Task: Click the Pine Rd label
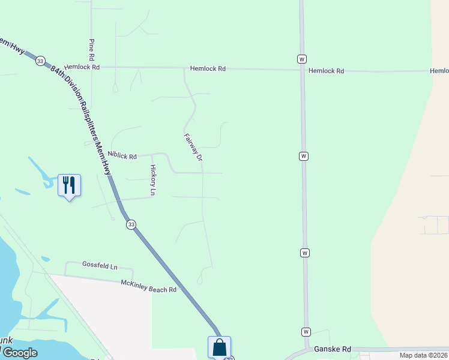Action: point(92,49)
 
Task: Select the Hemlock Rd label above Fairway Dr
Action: point(208,69)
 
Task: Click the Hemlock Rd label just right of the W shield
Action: point(326,71)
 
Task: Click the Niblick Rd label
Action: point(122,155)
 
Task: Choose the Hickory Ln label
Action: point(153,179)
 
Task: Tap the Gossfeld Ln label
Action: point(100,265)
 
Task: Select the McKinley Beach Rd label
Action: point(149,286)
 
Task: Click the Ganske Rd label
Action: point(332,349)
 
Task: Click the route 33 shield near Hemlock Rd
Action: point(40,61)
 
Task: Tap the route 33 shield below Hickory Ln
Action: point(131,224)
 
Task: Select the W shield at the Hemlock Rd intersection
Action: point(301,59)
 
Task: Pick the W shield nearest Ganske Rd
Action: point(306,332)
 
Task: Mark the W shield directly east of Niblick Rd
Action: point(304,156)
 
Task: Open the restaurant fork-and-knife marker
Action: point(69,185)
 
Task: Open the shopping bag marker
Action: point(219,347)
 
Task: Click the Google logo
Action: point(19,353)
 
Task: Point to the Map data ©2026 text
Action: point(423,355)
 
